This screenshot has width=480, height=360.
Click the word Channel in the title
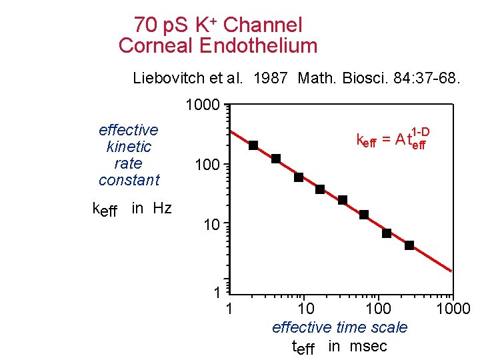click(263, 25)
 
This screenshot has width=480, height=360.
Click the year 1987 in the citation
click(270, 78)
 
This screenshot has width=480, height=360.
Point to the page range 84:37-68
click(419, 78)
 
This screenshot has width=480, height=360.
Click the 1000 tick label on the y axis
click(203, 105)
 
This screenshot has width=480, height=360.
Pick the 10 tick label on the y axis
click(211, 225)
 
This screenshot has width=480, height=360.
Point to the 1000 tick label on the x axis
click(453, 309)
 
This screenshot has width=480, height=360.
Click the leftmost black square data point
click(253, 145)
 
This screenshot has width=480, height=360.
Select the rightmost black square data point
click(409, 245)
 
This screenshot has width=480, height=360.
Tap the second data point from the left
click(276, 159)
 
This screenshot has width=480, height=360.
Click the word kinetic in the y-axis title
click(129, 147)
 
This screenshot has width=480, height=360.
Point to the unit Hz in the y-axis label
click(161, 208)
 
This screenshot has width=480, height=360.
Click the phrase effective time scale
click(339, 327)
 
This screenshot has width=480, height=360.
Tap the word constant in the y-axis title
click(129, 180)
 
